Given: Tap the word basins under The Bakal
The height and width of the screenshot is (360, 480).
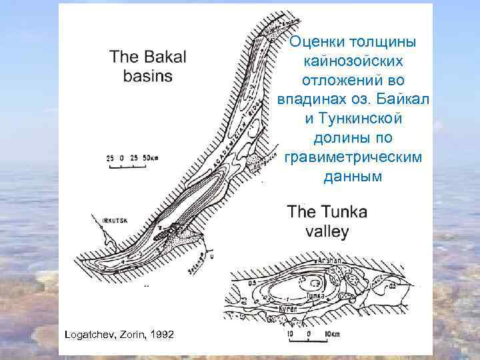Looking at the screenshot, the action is pyautogui.click(x=148, y=75).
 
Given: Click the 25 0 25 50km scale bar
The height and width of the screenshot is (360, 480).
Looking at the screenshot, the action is pyautogui.click(x=133, y=159).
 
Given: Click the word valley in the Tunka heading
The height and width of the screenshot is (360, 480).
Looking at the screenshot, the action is pyautogui.click(x=327, y=231).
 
